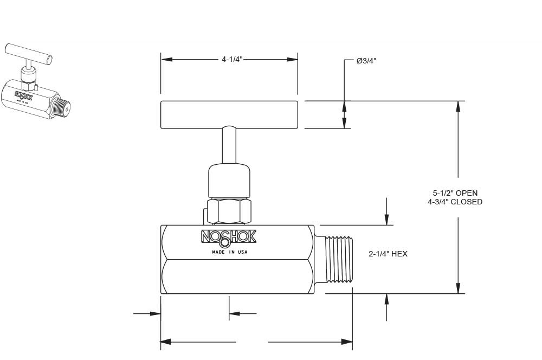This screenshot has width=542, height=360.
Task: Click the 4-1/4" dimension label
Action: (x=231, y=59)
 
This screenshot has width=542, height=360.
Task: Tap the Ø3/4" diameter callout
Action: (x=366, y=61)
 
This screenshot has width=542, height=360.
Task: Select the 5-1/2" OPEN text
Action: (x=455, y=193)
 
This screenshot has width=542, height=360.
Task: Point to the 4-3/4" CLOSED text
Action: (x=455, y=202)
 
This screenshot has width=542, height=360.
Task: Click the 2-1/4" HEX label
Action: (x=388, y=254)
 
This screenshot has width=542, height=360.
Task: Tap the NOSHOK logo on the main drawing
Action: (x=229, y=237)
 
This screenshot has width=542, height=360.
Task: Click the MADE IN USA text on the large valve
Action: (x=229, y=252)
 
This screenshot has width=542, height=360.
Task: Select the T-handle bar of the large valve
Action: (x=229, y=114)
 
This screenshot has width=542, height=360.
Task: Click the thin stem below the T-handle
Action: (x=229, y=145)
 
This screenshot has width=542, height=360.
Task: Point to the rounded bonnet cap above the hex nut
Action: (x=229, y=181)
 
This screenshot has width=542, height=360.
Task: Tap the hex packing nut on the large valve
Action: (x=229, y=211)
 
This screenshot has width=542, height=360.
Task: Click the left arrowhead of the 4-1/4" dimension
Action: (x=166, y=59)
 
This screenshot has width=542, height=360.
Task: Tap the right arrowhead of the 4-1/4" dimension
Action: (x=292, y=59)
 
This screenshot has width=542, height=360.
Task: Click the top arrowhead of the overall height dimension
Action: (x=458, y=106)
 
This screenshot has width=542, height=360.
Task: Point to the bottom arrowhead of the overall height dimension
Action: (x=458, y=288)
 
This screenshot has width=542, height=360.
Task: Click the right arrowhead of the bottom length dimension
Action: (x=347, y=342)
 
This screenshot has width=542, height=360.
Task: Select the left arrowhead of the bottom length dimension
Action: (x=166, y=342)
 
